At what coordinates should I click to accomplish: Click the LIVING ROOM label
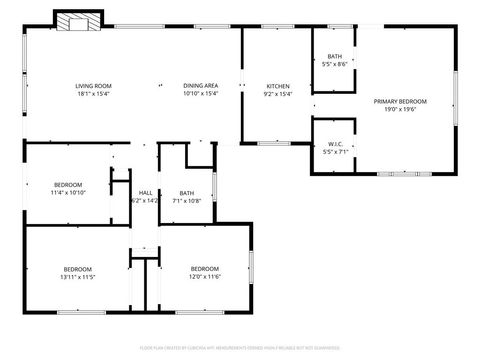[93, 86]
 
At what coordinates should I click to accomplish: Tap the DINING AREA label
[201, 86]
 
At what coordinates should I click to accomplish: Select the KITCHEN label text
[278, 86]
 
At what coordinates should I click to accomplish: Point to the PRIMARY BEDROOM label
[400, 101]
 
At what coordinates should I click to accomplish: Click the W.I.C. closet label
[334, 143]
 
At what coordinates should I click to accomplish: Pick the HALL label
[145, 192]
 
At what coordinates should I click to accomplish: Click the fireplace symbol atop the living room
[77, 22]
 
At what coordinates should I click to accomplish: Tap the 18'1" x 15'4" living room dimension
[93, 94]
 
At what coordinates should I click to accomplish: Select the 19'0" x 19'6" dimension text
[400, 110]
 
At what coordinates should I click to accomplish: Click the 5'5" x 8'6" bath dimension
[334, 64]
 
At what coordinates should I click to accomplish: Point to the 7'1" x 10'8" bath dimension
[187, 200]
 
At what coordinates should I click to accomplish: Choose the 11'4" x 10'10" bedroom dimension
[69, 192]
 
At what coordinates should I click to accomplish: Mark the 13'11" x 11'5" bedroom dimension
[78, 277]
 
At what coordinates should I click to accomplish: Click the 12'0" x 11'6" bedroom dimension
[205, 277]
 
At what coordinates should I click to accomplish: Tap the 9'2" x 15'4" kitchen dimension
[278, 94]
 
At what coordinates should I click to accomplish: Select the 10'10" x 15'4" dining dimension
[201, 94]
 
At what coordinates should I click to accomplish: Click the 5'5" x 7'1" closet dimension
[334, 151]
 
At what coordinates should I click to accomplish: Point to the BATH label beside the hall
[187, 192]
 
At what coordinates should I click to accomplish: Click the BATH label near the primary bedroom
[334, 56]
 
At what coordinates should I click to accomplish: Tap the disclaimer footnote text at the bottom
[240, 347]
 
